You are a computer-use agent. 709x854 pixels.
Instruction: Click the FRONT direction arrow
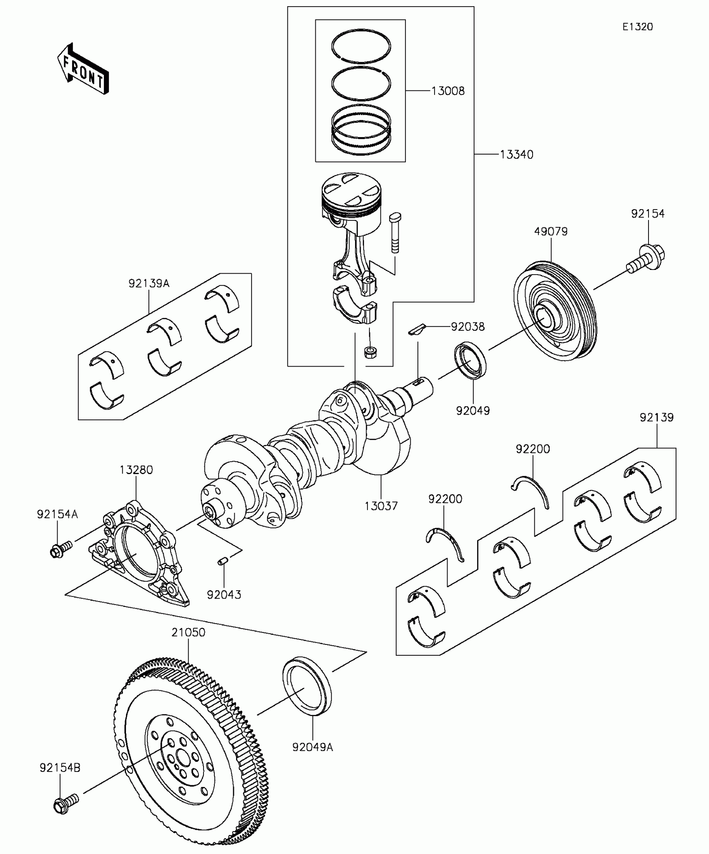(83, 69)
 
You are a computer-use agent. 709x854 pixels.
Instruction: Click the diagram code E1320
(638, 27)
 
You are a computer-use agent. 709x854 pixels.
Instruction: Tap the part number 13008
(448, 91)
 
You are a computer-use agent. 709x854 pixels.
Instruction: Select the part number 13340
(517, 155)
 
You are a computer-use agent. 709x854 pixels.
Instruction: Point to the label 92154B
(60, 767)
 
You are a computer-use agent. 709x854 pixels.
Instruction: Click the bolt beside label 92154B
(66, 804)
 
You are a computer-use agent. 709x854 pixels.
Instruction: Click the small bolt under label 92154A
(60, 549)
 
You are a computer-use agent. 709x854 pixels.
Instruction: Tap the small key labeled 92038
(416, 329)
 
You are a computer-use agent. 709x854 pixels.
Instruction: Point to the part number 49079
(551, 231)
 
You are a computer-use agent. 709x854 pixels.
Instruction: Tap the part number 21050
(189, 632)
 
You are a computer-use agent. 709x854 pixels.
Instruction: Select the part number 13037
(381, 506)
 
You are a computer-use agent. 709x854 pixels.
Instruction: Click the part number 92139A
(149, 284)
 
